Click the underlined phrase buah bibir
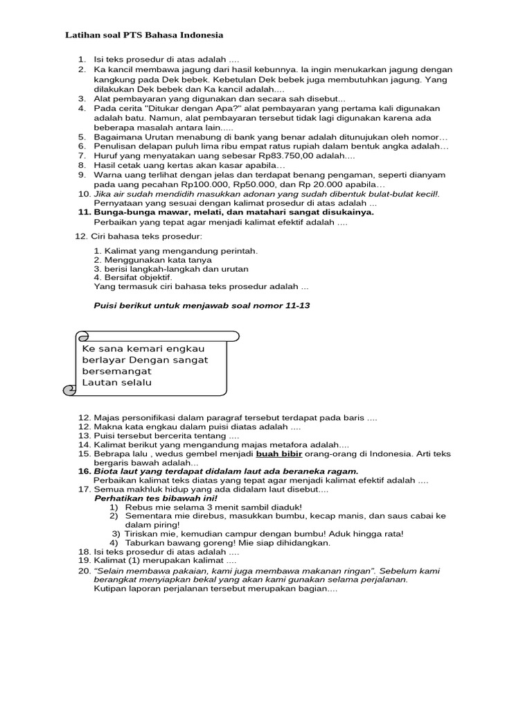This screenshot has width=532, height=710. (278, 453)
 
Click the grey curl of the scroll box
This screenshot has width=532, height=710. (70, 390)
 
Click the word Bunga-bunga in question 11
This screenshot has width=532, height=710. (122, 212)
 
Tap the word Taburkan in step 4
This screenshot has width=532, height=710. (145, 543)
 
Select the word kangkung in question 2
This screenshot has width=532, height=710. (114, 80)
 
